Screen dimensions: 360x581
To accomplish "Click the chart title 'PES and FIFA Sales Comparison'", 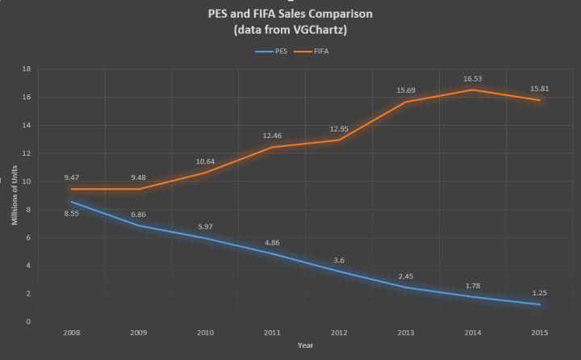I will point(289,14).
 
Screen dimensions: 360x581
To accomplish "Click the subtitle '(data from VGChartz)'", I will point(289,30).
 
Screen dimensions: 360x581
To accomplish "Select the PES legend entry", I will point(273,51).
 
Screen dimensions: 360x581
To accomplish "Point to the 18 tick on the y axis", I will point(27,69).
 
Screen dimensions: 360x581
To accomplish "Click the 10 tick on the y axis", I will point(27,182).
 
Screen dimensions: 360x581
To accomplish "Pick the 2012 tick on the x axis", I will point(340,332).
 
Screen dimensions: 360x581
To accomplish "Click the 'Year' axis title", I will point(305,345).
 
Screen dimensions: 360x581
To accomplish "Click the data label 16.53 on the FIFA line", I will point(472,79).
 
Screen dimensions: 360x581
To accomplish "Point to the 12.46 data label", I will point(274,136).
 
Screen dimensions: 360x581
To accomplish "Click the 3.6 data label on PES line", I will point(340,259).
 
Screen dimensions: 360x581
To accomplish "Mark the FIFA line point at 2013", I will point(406,102).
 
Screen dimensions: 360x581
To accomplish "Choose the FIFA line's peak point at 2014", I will point(472,90).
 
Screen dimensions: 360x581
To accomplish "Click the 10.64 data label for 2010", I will point(207,161).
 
